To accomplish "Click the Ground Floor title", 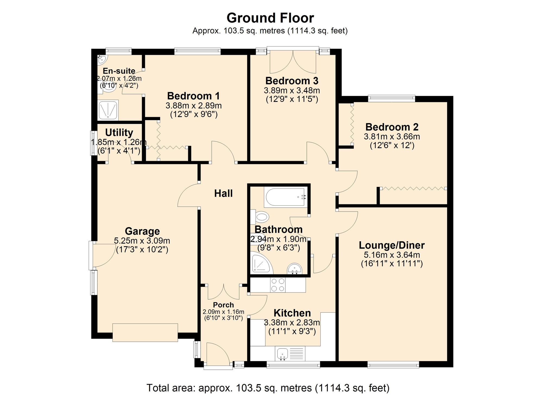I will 270,18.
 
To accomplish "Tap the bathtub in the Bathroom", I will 285,197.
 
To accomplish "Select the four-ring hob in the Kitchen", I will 278,285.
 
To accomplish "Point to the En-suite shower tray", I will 108,110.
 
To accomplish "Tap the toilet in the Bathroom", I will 261,217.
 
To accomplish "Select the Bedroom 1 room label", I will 193,96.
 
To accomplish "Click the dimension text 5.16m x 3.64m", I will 392,255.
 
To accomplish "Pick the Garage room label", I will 142,231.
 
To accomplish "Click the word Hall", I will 223,193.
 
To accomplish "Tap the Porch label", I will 223,305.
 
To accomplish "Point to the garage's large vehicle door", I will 145,333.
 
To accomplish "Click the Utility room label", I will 119,133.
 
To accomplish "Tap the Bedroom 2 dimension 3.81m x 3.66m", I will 392,136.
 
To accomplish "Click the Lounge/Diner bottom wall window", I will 393,364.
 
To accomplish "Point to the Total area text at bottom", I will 268,388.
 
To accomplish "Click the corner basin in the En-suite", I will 102,59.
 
